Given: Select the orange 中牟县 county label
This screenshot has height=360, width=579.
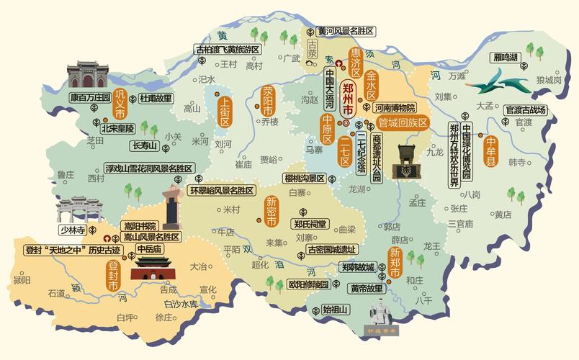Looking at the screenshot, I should pos(491,152).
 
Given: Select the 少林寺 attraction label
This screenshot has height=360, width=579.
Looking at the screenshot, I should pos(73,230).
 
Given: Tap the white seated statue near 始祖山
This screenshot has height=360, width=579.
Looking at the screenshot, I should pos(380,314).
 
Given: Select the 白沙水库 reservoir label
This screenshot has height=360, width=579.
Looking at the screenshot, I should pos(181,305).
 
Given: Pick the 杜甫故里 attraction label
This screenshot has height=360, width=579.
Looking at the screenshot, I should pos(156,98).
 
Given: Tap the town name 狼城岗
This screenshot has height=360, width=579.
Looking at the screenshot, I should pos(548,81).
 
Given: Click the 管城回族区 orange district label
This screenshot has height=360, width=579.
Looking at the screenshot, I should pos(403,122).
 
